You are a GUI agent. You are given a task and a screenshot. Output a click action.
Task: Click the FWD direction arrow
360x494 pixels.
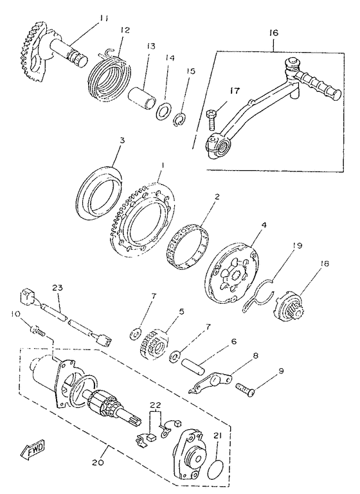click(x=33, y=449)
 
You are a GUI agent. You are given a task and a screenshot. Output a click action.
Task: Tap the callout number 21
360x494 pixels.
click(x=217, y=436)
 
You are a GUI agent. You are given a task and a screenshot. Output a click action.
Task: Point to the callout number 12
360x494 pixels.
click(x=125, y=30)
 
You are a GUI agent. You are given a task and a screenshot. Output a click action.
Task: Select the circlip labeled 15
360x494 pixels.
click(x=181, y=120)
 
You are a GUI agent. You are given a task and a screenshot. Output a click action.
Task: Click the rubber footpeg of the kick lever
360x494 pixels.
click(x=319, y=84)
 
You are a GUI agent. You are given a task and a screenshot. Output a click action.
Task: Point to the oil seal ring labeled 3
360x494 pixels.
click(x=98, y=192)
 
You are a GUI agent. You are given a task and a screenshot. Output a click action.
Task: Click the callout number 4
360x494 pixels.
click(x=264, y=225)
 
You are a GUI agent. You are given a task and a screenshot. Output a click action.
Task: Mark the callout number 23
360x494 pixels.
click(x=57, y=287)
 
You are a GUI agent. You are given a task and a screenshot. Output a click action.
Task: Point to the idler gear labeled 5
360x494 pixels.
click(x=154, y=345)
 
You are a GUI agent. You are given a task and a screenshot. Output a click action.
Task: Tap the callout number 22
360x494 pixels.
click(x=156, y=405)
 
